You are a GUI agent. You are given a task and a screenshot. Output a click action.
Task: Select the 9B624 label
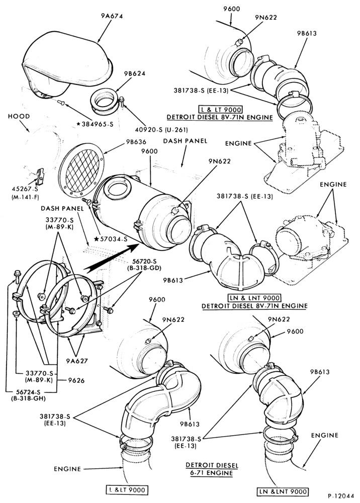tap(135, 73)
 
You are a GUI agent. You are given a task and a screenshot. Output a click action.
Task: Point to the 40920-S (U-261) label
tap(161, 130)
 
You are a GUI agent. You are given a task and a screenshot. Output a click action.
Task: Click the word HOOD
tap(19, 116)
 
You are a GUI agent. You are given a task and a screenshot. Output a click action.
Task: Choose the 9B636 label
tap(136, 142)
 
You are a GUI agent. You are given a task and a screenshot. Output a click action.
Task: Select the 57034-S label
tap(111, 238)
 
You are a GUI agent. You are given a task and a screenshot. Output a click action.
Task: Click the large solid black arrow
tap(111, 257)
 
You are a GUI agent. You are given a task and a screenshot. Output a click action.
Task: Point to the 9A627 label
tap(77, 361)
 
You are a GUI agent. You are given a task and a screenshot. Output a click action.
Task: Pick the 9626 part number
tap(76, 380)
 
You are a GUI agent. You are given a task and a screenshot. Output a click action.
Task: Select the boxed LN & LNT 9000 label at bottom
tap(283, 491)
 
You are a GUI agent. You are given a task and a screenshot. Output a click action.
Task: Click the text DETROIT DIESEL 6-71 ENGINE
tap(212, 469)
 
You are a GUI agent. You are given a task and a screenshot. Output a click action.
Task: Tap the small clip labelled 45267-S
tap(39, 177)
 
